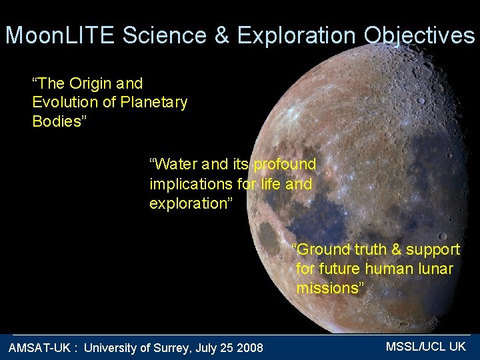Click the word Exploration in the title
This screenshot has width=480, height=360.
click(x=299, y=35)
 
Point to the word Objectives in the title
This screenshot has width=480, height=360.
click(x=420, y=36)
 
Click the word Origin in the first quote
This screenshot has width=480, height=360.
click(x=89, y=83)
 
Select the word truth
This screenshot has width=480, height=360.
click(x=370, y=249)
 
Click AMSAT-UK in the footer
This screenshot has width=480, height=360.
click(x=39, y=347)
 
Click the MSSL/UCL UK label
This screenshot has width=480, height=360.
click(x=425, y=346)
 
